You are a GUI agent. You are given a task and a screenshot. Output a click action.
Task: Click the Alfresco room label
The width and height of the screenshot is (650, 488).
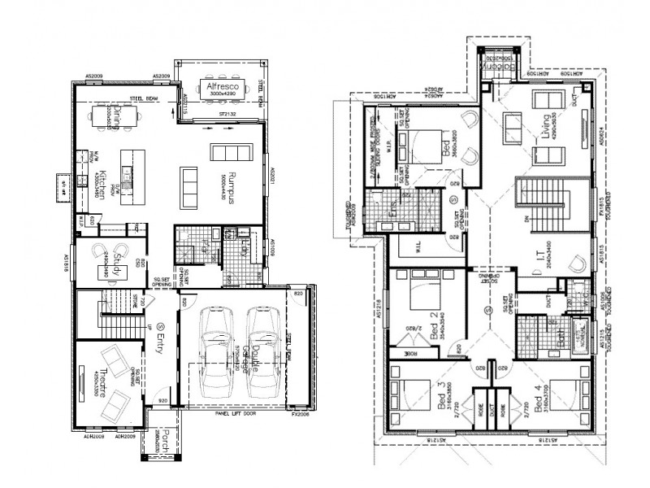tap(219, 85)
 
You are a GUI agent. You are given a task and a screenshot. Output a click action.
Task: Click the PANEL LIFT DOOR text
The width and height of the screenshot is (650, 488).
tap(232, 414)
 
